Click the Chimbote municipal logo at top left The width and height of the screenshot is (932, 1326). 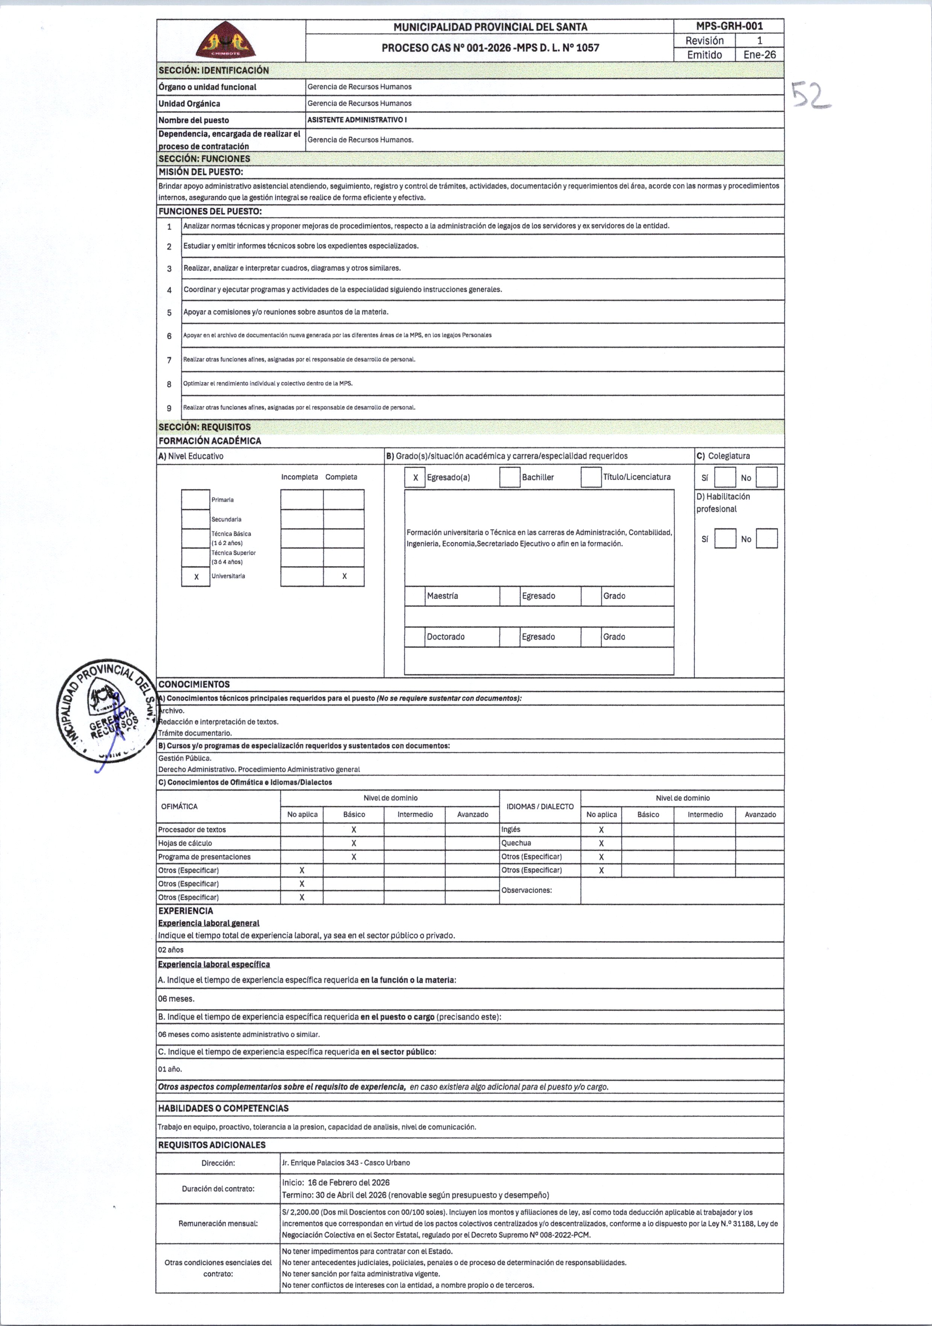[x=225, y=41]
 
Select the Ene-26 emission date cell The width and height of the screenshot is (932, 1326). [x=759, y=55]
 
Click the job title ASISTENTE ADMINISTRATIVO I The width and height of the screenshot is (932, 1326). [x=357, y=120]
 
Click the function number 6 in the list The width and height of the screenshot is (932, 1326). [x=169, y=336]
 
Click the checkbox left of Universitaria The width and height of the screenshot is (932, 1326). [x=196, y=577]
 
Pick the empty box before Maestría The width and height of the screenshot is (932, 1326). [x=415, y=596]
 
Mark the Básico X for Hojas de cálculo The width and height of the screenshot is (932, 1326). [x=354, y=843]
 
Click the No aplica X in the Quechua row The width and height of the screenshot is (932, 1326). [x=601, y=843]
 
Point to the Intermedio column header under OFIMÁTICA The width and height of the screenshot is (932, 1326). [x=415, y=814]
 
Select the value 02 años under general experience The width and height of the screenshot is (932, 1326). [x=171, y=949]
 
